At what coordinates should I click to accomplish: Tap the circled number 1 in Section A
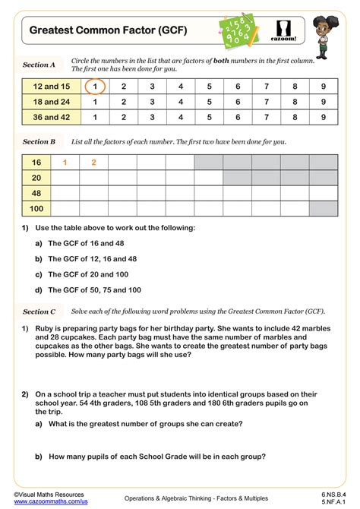(x=95, y=87)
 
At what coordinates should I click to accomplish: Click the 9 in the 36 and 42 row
(x=324, y=117)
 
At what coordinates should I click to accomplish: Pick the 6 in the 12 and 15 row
(x=238, y=87)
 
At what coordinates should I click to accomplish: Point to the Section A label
(x=39, y=65)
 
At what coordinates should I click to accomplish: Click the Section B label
(x=39, y=141)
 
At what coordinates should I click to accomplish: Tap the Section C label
(x=39, y=311)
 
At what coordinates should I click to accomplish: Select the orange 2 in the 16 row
(x=94, y=163)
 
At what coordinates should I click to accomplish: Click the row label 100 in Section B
(x=36, y=208)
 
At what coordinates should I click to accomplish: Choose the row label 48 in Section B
(x=36, y=193)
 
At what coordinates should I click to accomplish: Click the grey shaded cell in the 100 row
(x=324, y=208)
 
